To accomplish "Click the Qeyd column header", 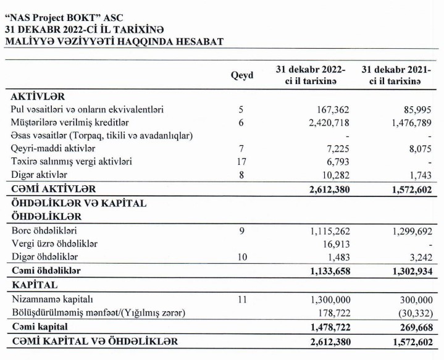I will click(242, 75).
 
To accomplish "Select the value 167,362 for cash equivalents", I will click(332, 109).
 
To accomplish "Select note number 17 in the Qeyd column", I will click(241, 161).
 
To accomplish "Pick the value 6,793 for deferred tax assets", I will click(337, 161).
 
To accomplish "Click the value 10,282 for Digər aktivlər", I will click(334, 175).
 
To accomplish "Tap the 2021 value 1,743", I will click(419, 175).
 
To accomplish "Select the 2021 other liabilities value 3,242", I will click(419, 256).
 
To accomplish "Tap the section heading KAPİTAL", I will click(35, 285).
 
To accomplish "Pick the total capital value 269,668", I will click(413, 325).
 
